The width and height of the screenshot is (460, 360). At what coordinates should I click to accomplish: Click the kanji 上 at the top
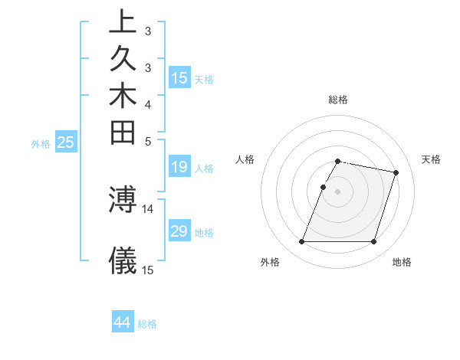(123, 22)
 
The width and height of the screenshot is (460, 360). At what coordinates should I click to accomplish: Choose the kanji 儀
(123, 260)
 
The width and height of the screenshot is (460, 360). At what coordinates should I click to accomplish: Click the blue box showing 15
(179, 77)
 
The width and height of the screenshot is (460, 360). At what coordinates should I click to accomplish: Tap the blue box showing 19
(179, 167)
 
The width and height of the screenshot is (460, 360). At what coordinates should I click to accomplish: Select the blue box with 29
(179, 231)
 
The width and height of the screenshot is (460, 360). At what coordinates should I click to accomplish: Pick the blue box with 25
(65, 142)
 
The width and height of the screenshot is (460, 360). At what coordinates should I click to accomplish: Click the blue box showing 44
(123, 322)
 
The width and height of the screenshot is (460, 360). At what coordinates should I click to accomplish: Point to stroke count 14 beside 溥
(148, 208)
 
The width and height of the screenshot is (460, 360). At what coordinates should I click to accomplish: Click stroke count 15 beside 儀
(148, 270)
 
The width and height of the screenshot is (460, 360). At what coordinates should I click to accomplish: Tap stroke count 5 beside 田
(148, 141)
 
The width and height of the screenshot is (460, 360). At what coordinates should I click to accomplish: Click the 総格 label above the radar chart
(338, 100)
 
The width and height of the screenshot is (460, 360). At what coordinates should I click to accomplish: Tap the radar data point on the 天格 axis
(396, 173)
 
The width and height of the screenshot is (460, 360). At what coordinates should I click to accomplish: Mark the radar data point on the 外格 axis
(302, 242)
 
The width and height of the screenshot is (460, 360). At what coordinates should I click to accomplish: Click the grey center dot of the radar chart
(338, 191)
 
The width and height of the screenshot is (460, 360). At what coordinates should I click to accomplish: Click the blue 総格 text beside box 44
(147, 324)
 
